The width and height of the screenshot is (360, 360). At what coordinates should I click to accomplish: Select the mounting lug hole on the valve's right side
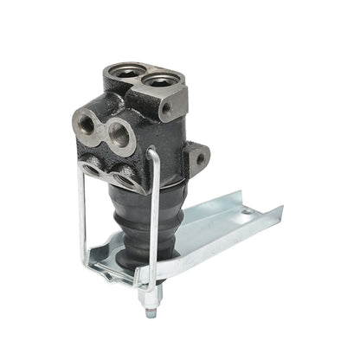point(200,159)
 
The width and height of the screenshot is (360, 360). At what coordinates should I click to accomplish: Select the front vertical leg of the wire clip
point(154,234)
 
